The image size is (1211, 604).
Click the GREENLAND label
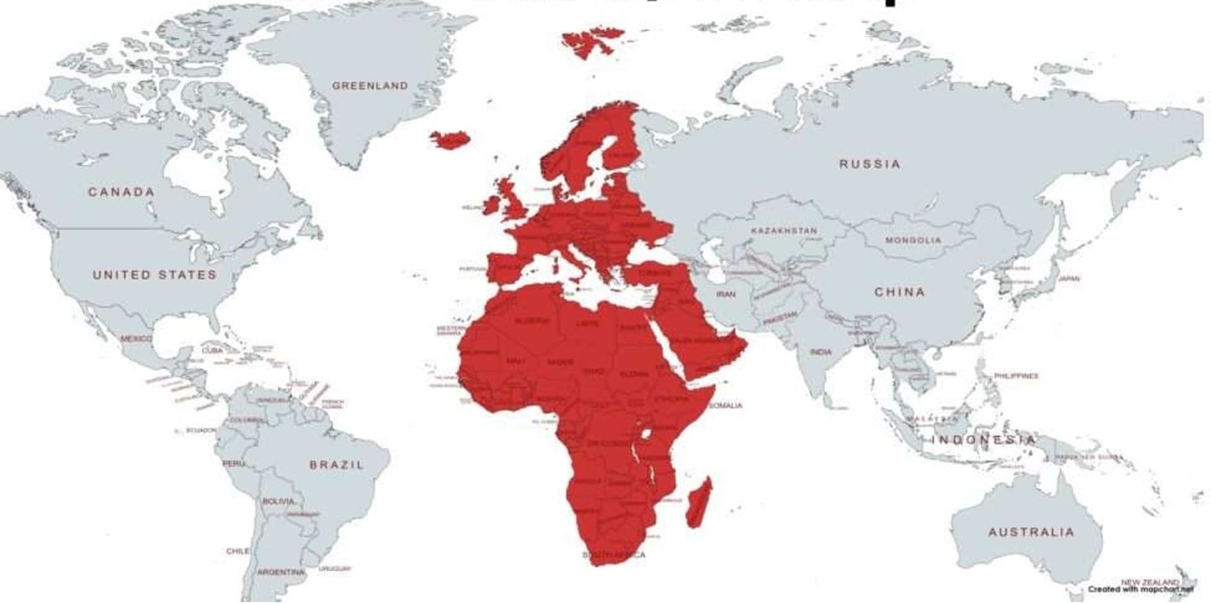370,86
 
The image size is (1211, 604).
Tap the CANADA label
121,192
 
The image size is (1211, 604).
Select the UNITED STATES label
155,275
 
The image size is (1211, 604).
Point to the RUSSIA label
869,164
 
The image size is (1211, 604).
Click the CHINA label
900,292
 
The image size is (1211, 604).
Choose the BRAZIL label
337,465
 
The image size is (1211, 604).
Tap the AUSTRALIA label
1031,532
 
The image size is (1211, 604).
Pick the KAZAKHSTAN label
783,231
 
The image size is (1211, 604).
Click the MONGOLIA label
913,240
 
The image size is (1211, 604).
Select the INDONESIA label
983,440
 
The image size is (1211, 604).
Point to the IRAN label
725,294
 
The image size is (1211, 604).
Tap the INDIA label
821,353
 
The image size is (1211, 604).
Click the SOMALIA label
725,405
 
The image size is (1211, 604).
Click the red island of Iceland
450,139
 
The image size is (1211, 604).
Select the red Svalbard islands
590,40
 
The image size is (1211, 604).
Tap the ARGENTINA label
281,572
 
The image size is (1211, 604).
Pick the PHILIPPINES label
1016,376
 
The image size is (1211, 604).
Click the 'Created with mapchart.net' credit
1140,589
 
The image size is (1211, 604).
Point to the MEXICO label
136,338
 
